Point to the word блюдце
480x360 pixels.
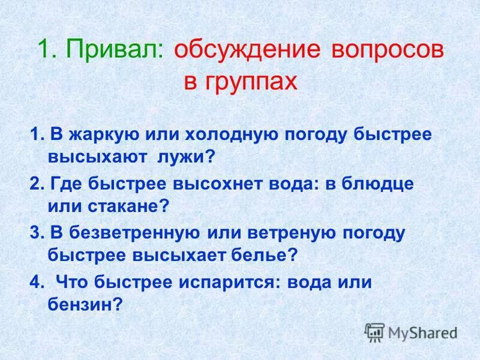[378, 183]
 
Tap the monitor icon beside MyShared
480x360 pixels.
[374, 332]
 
